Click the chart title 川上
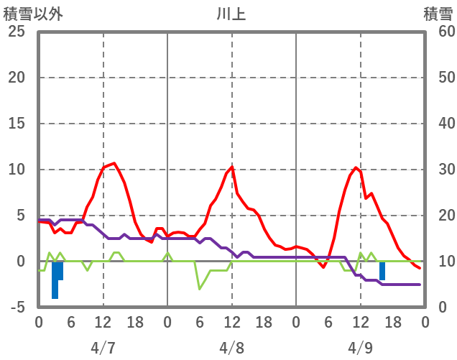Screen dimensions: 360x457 click(x=231, y=14)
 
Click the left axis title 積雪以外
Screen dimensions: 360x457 click(x=33, y=14)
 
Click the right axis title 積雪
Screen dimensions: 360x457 click(x=438, y=14)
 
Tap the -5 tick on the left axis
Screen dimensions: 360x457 click(x=17, y=307)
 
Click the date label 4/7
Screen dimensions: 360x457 click(x=103, y=348)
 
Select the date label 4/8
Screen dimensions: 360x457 click(x=231, y=348)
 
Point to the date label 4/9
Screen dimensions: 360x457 click(x=360, y=348)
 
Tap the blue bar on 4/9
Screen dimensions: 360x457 click(x=382, y=271)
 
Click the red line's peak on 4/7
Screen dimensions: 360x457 click(x=114, y=163)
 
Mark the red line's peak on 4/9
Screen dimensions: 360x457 click(x=356, y=167)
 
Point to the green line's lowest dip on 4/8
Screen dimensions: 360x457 click(x=200, y=289)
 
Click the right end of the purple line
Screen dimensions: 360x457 click(x=420, y=285)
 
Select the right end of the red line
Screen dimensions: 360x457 click(x=420, y=267)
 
